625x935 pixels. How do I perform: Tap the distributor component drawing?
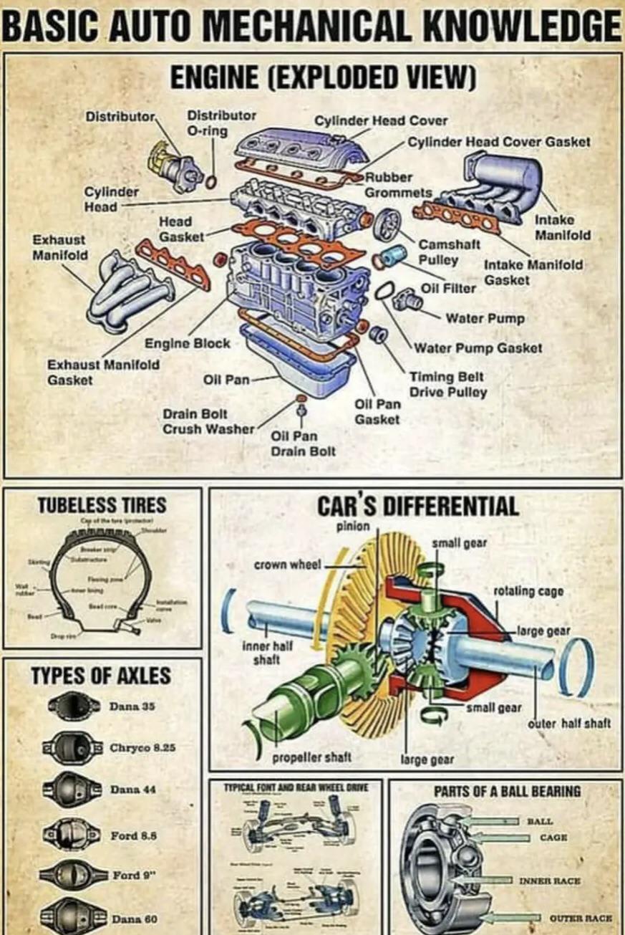pos(173,163)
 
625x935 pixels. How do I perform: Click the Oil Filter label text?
pos(448,288)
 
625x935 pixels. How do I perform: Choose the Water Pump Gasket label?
pos(478,348)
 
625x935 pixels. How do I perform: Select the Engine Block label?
pos(188,343)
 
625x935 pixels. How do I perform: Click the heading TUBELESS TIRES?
pos(102,505)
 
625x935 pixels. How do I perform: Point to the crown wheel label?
pos(287,565)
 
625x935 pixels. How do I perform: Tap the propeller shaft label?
pos(301,757)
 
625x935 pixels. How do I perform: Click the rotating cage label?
pos(528,591)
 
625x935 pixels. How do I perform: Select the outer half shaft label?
pos(569,723)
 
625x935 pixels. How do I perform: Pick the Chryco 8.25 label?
pos(142,747)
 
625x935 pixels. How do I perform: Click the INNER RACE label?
pos(559,880)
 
